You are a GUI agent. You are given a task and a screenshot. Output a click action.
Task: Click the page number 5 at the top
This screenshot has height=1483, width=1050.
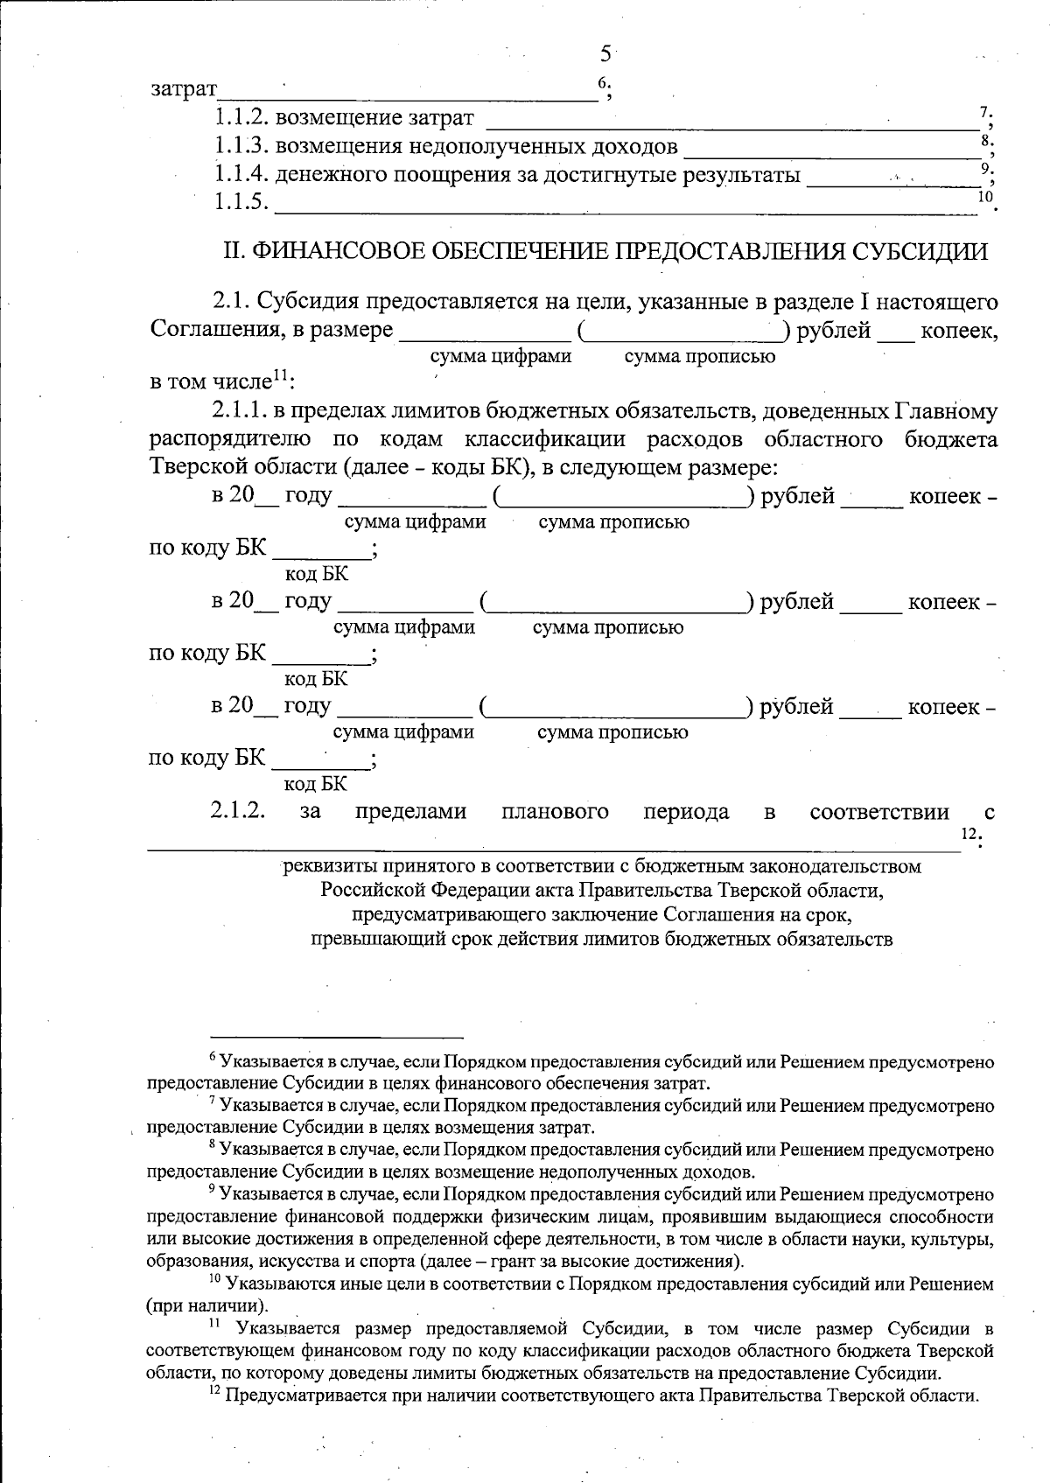[x=605, y=54]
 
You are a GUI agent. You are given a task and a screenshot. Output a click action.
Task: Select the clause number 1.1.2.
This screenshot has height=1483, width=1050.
[x=241, y=118]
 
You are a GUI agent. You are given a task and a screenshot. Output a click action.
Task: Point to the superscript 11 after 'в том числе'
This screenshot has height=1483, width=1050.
[x=280, y=376]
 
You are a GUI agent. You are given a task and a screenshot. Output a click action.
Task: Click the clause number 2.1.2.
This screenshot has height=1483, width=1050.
[x=237, y=811]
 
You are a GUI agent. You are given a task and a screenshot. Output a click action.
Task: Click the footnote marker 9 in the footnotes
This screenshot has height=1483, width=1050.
[x=213, y=1190]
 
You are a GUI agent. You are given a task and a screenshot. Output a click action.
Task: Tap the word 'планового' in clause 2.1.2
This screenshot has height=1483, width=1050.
[x=555, y=812]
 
